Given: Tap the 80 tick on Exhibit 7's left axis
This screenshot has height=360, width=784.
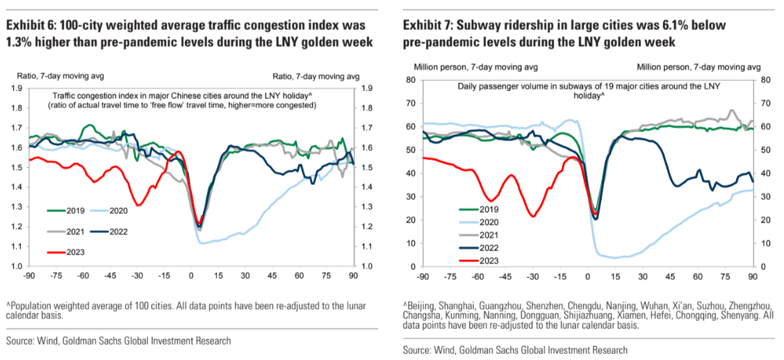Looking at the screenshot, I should pos(411,80).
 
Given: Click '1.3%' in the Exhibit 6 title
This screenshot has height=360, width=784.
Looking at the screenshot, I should pos(20,43).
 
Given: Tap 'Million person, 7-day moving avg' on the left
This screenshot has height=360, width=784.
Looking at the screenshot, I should pos(465,67).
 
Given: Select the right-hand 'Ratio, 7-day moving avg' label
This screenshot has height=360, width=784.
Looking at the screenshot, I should pos(316,76).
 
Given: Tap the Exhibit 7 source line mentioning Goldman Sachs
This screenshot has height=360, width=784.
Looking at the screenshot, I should pos(515,350).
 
